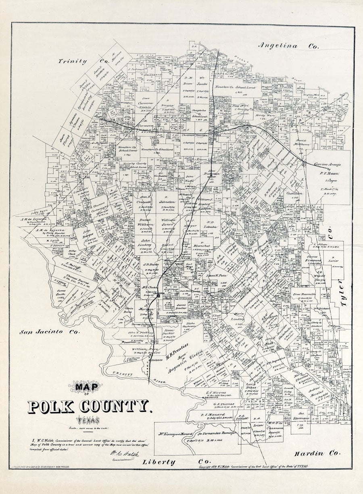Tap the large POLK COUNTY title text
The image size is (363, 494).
tap(90, 407)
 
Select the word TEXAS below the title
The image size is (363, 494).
tap(90, 421)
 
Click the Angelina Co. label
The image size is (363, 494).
tap(288, 46)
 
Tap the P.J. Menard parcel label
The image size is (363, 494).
tap(210, 413)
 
